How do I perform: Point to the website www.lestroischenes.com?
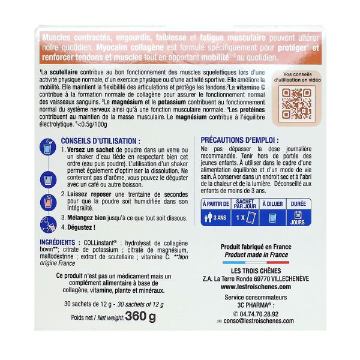(x=255, y=287)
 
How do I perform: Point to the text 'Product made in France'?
(x=255, y=254)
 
